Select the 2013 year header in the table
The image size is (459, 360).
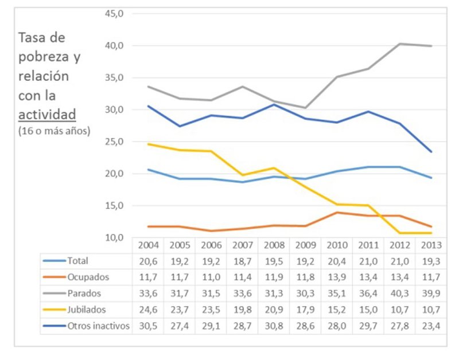(431, 245)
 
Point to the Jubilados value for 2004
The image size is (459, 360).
(148, 308)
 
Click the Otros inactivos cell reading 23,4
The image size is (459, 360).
(431, 324)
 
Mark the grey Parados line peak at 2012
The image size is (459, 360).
(400, 44)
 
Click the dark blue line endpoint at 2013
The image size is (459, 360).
(431, 152)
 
